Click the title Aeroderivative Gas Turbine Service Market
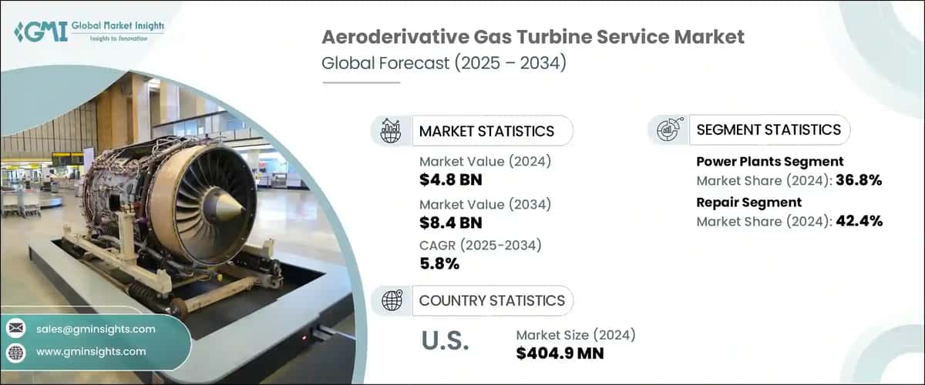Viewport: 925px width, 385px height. [533, 38]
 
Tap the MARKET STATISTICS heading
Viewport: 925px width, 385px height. [486, 131]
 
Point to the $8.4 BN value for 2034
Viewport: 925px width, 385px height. [451, 223]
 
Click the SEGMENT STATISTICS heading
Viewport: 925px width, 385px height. [768, 130]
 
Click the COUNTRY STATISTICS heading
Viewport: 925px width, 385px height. [491, 300]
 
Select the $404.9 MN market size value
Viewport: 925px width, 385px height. [560, 353]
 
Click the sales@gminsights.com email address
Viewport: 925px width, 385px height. [96, 329]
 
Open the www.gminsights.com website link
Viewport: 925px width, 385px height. [91, 351]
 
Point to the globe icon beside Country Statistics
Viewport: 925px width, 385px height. [392, 300]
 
